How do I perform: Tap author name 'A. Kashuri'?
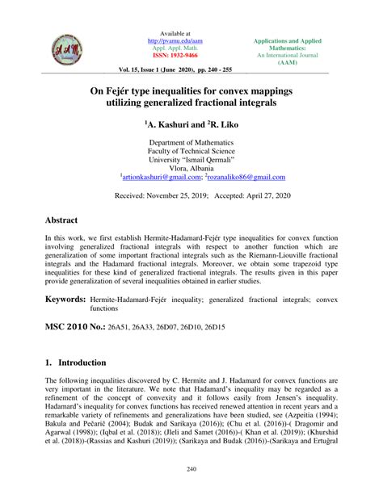coord(174,127)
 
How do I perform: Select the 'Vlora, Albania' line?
coord(191,167)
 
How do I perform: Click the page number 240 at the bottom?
coord(191,471)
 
